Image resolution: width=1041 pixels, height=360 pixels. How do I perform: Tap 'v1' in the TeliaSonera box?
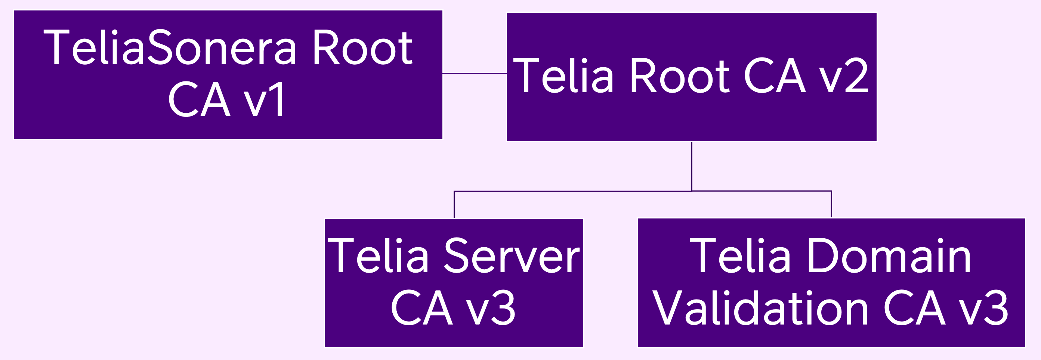tap(265, 99)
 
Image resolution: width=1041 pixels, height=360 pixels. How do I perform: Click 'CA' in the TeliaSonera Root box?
tap(199, 99)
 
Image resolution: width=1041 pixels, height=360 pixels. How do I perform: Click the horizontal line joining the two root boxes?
tap(475, 74)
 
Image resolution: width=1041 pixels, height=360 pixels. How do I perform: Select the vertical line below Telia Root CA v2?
tap(692, 166)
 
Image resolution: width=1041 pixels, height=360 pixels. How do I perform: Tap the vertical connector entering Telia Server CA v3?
tap(454, 204)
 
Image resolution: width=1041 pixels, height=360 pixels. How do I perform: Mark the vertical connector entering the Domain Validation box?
tap(831, 204)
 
